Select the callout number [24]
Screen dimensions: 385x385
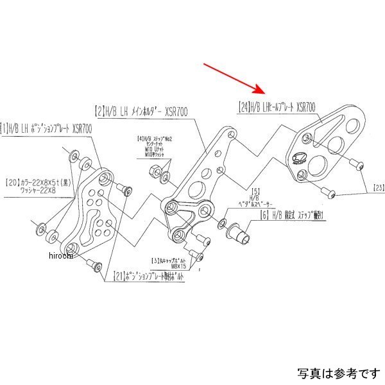[x=243, y=108]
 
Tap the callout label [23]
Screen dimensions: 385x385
[x=378, y=188]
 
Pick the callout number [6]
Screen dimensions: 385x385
[x=264, y=217]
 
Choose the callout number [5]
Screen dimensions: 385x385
[x=255, y=191]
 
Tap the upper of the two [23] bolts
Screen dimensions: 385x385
[x=360, y=166]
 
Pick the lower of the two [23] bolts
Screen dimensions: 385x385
[x=330, y=191]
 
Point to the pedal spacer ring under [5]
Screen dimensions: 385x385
[x=223, y=224]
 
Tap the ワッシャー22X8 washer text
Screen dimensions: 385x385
[x=39, y=191]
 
